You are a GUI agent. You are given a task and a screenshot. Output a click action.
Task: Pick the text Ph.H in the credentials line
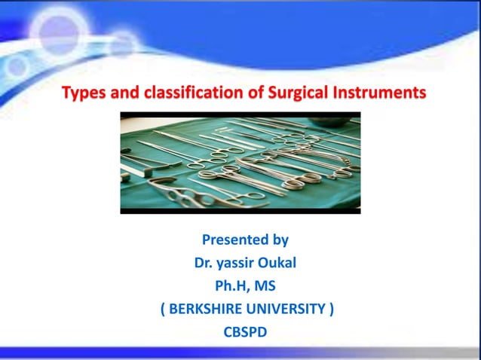[231, 286]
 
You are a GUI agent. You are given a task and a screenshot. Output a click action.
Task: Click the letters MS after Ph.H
[265, 286]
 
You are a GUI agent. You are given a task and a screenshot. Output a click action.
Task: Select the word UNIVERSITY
[286, 309]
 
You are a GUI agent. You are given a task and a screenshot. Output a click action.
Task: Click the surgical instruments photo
[240, 163]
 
